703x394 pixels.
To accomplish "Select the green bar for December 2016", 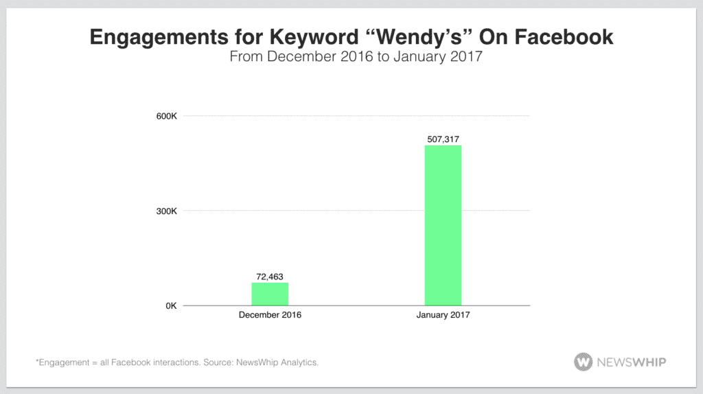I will pyautogui.click(x=270, y=294).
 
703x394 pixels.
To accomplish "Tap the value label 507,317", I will pyautogui.click(x=443, y=139).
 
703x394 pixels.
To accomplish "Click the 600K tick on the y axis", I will pyautogui.click(x=167, y=116).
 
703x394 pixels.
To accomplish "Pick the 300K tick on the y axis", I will pyautogui.click(x=167, y=211).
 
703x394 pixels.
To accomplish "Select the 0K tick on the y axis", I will pyautogui.click(x=170, y=305).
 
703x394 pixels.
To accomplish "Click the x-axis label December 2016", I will pyautogui.click(x=270, y=316).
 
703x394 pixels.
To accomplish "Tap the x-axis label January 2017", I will pyautogui.click(x=443, y=316).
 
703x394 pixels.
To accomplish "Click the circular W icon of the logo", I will pyautogui.click(x=584, y=362).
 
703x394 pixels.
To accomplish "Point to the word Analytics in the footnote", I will pyautogui.click(x=297, y=362).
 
